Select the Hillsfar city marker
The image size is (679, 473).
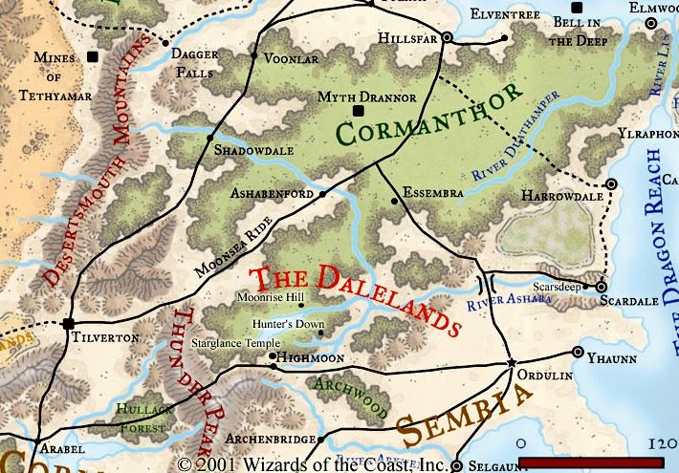(x=447, y=39)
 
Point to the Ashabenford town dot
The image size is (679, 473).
(x=322, y=193)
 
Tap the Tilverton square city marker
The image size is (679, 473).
(x=68, y=323)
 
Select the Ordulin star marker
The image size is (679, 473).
(x=512, y=363)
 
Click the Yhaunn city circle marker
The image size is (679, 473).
(x=578, y=352)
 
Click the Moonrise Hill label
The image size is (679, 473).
(x=271, y=297)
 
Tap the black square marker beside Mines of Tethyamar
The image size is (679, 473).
(x=93, y=58)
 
